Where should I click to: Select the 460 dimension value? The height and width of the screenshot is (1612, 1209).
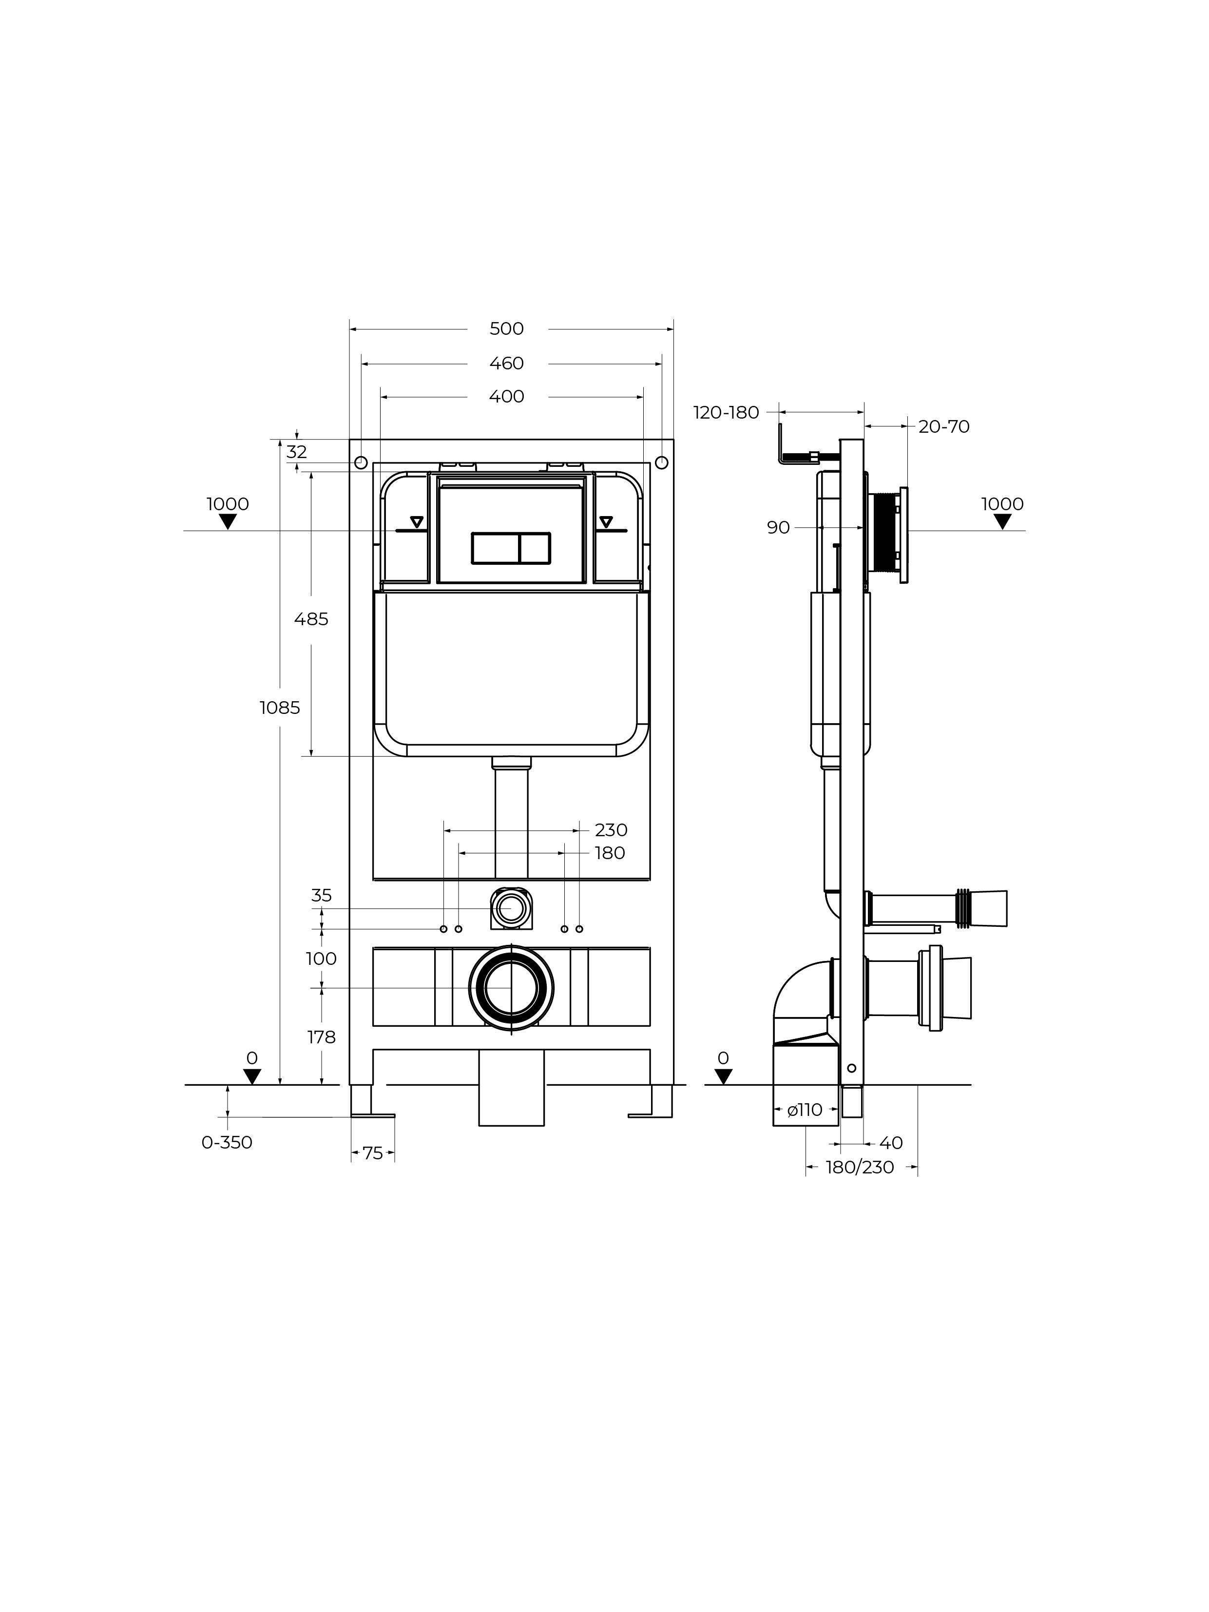click(506, 363)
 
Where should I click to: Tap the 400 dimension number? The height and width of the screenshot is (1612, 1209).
click(506, 397)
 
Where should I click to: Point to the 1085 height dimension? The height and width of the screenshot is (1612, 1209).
click(280, 708)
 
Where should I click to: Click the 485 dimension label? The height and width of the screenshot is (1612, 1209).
click(311, 619)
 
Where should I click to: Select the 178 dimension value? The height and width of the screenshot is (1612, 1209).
click(322, 1037)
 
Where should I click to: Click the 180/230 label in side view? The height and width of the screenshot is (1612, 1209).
click(860, 1168)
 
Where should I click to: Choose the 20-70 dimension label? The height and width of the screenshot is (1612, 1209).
click(944, 427)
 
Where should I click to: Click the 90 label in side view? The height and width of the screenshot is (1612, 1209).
click(778, 528)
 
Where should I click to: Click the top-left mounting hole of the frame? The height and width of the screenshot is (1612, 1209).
click(361, 463)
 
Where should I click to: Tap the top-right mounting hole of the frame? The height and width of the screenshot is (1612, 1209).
click(662, 463)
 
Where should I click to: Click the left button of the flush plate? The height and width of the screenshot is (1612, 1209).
click(496, 548)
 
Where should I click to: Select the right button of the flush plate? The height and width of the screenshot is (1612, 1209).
click(535, 548)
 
